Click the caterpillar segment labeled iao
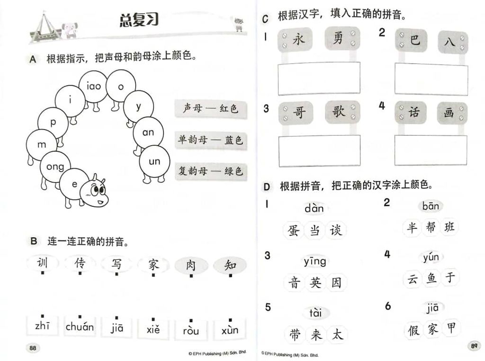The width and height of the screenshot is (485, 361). pyautogui.click(x=94, y=86)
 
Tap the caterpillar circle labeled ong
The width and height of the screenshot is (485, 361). pyautogui.click(x=55, y=167)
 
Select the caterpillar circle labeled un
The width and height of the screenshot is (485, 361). pyautogui.click(x=154, y=161)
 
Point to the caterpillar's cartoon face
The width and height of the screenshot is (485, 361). pyautogui.click(x=94, y=194)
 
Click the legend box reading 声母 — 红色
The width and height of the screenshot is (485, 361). pyautogui.click(x=211, y=109)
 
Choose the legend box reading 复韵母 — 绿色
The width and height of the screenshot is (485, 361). pyautogui.click(x=211, y=171)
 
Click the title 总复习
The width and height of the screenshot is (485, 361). pyautogui.click(x=139, y=20)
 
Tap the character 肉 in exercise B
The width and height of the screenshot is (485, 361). pyautogui.click(x=191, y=265)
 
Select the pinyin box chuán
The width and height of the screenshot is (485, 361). pyautogui.click(x=80, y=326)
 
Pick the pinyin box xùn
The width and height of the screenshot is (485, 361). pyautogui.click(x=230, y=330)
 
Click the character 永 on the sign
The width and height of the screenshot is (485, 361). pyautogui.click(x=298, y=40)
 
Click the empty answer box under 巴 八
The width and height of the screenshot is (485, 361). pyautogui.click(x=431, y=79)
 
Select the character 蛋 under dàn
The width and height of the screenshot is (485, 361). pyautogui.click(x=293, y=231)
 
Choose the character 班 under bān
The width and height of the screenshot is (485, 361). pyautogui.click(x=449, y=227)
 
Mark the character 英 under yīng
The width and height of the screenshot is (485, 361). pyautogui.click(x=315, y=282)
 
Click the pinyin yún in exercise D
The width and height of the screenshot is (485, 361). pyautogui.click(x=431, y=258)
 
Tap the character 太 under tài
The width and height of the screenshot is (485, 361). pyautogui.click(x=337, y=334)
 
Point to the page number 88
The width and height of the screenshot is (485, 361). pyautogui.click(x=33, y=348)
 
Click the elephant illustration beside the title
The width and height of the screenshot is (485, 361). pyautogui.click(x=70, y=30)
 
